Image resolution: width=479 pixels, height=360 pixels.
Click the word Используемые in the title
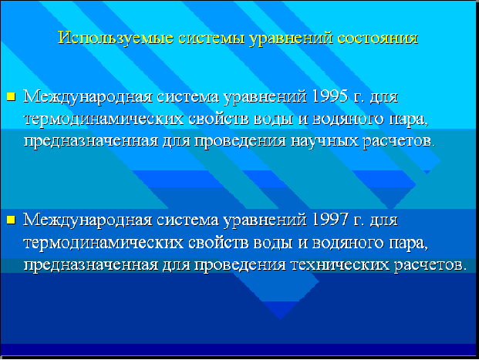[x=116, y=39]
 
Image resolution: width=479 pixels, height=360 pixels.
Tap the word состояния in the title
[x=378, y=39]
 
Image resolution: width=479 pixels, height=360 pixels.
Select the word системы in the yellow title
[x=211, y=39]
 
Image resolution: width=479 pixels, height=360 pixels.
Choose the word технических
[x=340, y=264]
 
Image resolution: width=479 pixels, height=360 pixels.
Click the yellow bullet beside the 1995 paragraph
[x=11, y=97]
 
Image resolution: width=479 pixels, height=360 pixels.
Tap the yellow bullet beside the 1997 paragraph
[x=11, y=220]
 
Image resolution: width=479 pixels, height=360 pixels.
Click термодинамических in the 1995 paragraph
[x=103, y=119]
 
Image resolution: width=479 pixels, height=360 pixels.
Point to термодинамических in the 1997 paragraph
[x=103, y=243]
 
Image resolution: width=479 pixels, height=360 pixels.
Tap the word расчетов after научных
[x=399, y=141]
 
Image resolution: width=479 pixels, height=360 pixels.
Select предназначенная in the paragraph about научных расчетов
[x=91, y=142]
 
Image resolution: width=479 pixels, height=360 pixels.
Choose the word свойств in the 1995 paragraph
[x=219, y=119]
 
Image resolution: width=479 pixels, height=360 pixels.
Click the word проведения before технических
[x=240, y=265]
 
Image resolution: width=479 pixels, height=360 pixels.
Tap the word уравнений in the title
[x=291, y=39]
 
